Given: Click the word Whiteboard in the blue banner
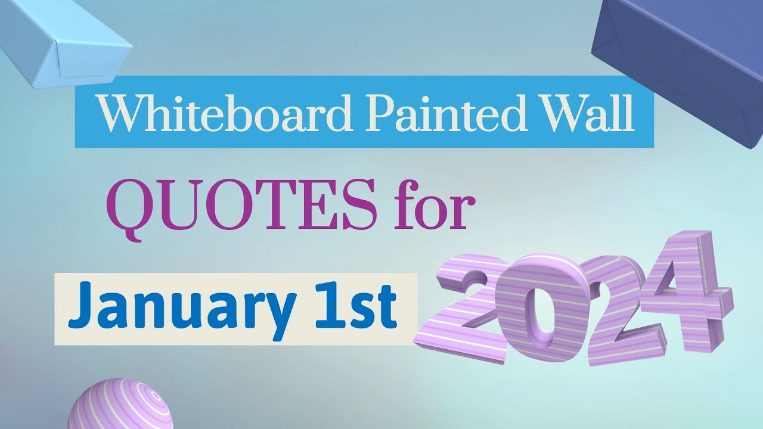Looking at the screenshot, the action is [225, 113].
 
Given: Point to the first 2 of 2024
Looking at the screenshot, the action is [467, 310].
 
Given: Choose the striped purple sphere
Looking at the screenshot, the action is [120, 405].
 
